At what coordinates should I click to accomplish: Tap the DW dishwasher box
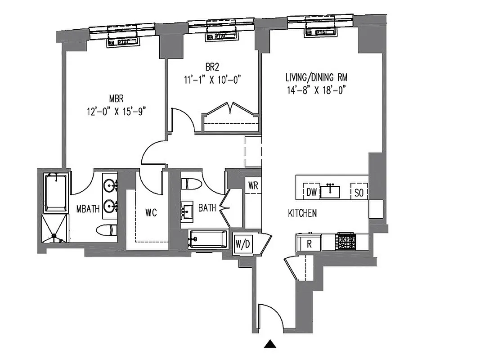tap(312, 192)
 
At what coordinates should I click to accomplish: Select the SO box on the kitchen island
tap(359, 193)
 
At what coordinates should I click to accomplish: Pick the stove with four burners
tap(346, 242)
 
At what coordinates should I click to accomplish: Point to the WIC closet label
tap(151, 212)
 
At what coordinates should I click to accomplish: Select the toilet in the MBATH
tap(106, 230)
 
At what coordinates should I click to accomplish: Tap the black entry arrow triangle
tap(269, 344)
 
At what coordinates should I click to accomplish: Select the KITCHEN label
tap(302, 213)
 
